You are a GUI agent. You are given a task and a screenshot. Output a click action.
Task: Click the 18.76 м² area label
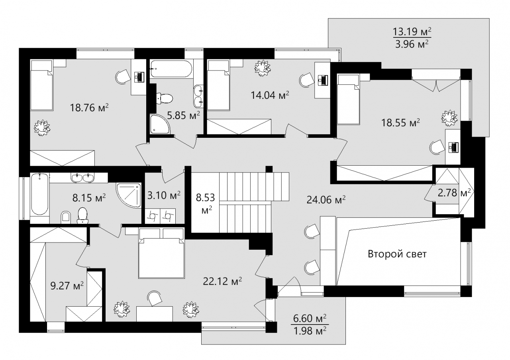click(x=89, y=108)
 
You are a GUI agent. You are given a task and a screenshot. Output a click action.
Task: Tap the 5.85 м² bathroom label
click(x=184, y=115)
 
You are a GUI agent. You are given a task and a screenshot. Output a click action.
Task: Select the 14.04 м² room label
click(x=270, y=95)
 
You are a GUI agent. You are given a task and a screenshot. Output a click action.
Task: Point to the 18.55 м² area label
click(x=401, y=123)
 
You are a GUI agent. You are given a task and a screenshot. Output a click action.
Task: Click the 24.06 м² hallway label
click(x=326, y=200)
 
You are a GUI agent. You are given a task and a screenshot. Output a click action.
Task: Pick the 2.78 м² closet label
click(x=454, y=193)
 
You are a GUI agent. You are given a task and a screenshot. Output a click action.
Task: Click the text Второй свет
click(x=397, y=254)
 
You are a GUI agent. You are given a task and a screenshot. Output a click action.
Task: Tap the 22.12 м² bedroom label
click(x=222, y=281)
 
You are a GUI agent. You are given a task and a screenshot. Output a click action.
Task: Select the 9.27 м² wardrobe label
click(x=67, y=286)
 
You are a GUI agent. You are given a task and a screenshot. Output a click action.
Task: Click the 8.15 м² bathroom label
click(x=89, y=198)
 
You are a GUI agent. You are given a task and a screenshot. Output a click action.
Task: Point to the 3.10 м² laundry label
click(x=164, y=195)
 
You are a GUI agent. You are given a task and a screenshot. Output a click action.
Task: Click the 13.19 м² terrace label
click(x=412, y=31)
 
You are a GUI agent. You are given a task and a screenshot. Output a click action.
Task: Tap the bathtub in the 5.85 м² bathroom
click(x=171, y=69)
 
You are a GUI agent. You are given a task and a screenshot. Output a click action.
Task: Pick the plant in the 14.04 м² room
click(x=263, y=68)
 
